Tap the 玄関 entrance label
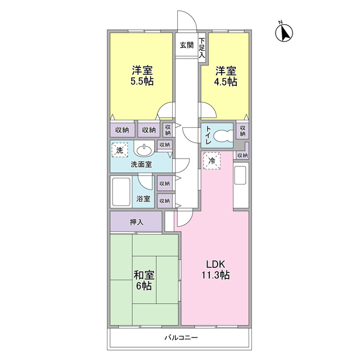pyautogui.click(x=186, y=46)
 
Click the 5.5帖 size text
pyautogui.click(x=142, y=81)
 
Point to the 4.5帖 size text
pyautogui.click(x=226, y=81)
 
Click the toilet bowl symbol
pyautogui.click(x=224, y=135)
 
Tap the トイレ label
pyautogui.click(x=208, y=136)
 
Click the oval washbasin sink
pyautogui.click(x=145, y=151)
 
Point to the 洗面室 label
pyautogui.click(x=141, y=165)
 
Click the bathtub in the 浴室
pyautogui.click(x=121, y=192)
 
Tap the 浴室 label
pyautogui.click(x=143, y=199)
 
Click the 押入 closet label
pyautogui.click(x=137, y=222)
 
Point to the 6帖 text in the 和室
pyautogui.click(x=143, y=286)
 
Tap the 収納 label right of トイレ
pyautogui.click(x=242, y=130)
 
